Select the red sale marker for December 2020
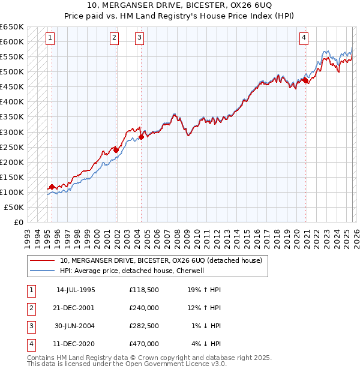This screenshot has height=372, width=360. [305, 80]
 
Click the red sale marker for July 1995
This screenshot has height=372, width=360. [52, 187]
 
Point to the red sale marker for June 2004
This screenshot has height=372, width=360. [141, 137]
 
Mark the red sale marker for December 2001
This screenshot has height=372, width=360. [116, 150]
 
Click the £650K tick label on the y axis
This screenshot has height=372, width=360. [12, 27]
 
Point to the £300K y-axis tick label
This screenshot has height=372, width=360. [12, 132]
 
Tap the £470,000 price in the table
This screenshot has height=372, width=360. [144, 344]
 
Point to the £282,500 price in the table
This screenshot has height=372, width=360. [144, 326]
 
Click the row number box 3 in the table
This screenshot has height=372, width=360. [31, 326]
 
